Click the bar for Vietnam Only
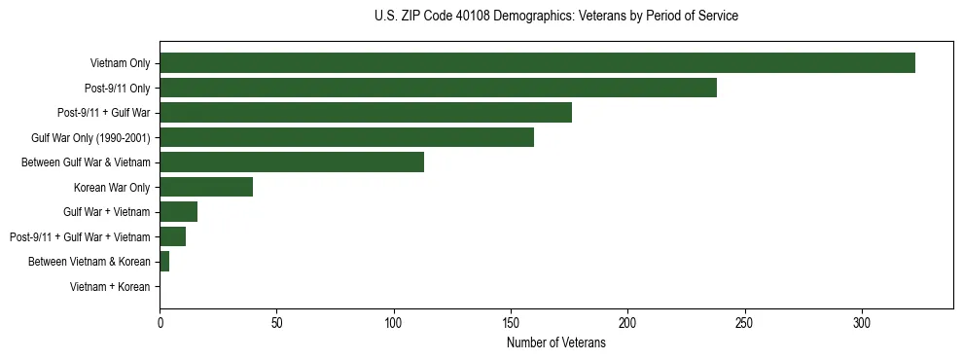tap(537, 63)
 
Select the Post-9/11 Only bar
tap(438, 88)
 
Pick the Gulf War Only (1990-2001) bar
tap(346, 137)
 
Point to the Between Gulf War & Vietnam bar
tap(292, 162)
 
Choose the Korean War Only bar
tap(206, 187)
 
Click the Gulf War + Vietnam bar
tap(179, 212)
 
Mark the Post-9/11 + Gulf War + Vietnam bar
tap(173, 236)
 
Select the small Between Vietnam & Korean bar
tap(164, 262)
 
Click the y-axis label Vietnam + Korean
tap(110, 287)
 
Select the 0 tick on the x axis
tap(160, 321)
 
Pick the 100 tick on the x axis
tap(394, 321)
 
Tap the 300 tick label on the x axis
tap(862, 321)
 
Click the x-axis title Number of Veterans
tap(555, 343)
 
